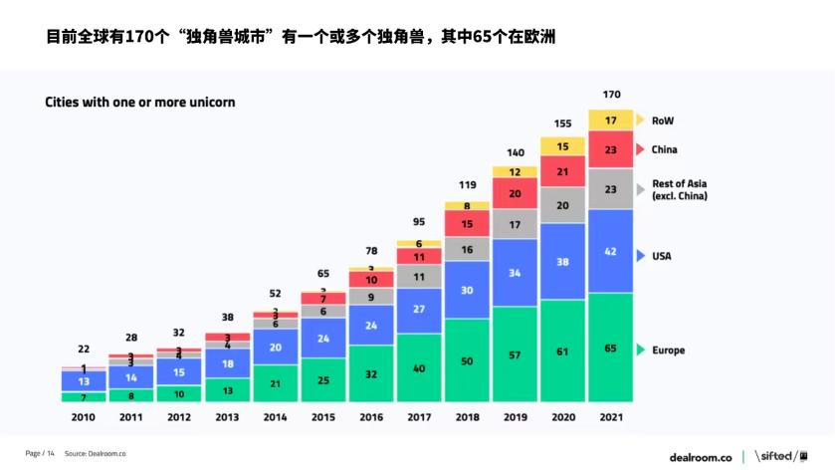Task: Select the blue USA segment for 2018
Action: (467, 290)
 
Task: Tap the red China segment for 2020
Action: (563, 172)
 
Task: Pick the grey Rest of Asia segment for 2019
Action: (515, 224)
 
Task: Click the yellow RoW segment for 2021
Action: (611, 119)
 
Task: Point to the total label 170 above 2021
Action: (611, 95)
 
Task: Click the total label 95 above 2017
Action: (418, 222)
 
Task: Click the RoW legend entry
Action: (663, 120)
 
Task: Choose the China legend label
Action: (664, 149)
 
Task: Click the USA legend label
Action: (661, 256)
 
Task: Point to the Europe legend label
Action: (668, 351)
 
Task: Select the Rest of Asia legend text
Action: (679, 190)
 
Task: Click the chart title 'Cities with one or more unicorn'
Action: (139, 103)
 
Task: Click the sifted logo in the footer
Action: (781, 456)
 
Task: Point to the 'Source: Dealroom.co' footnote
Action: (96, 454)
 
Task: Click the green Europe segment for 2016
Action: (370, 373)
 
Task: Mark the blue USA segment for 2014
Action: (274, 347)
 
